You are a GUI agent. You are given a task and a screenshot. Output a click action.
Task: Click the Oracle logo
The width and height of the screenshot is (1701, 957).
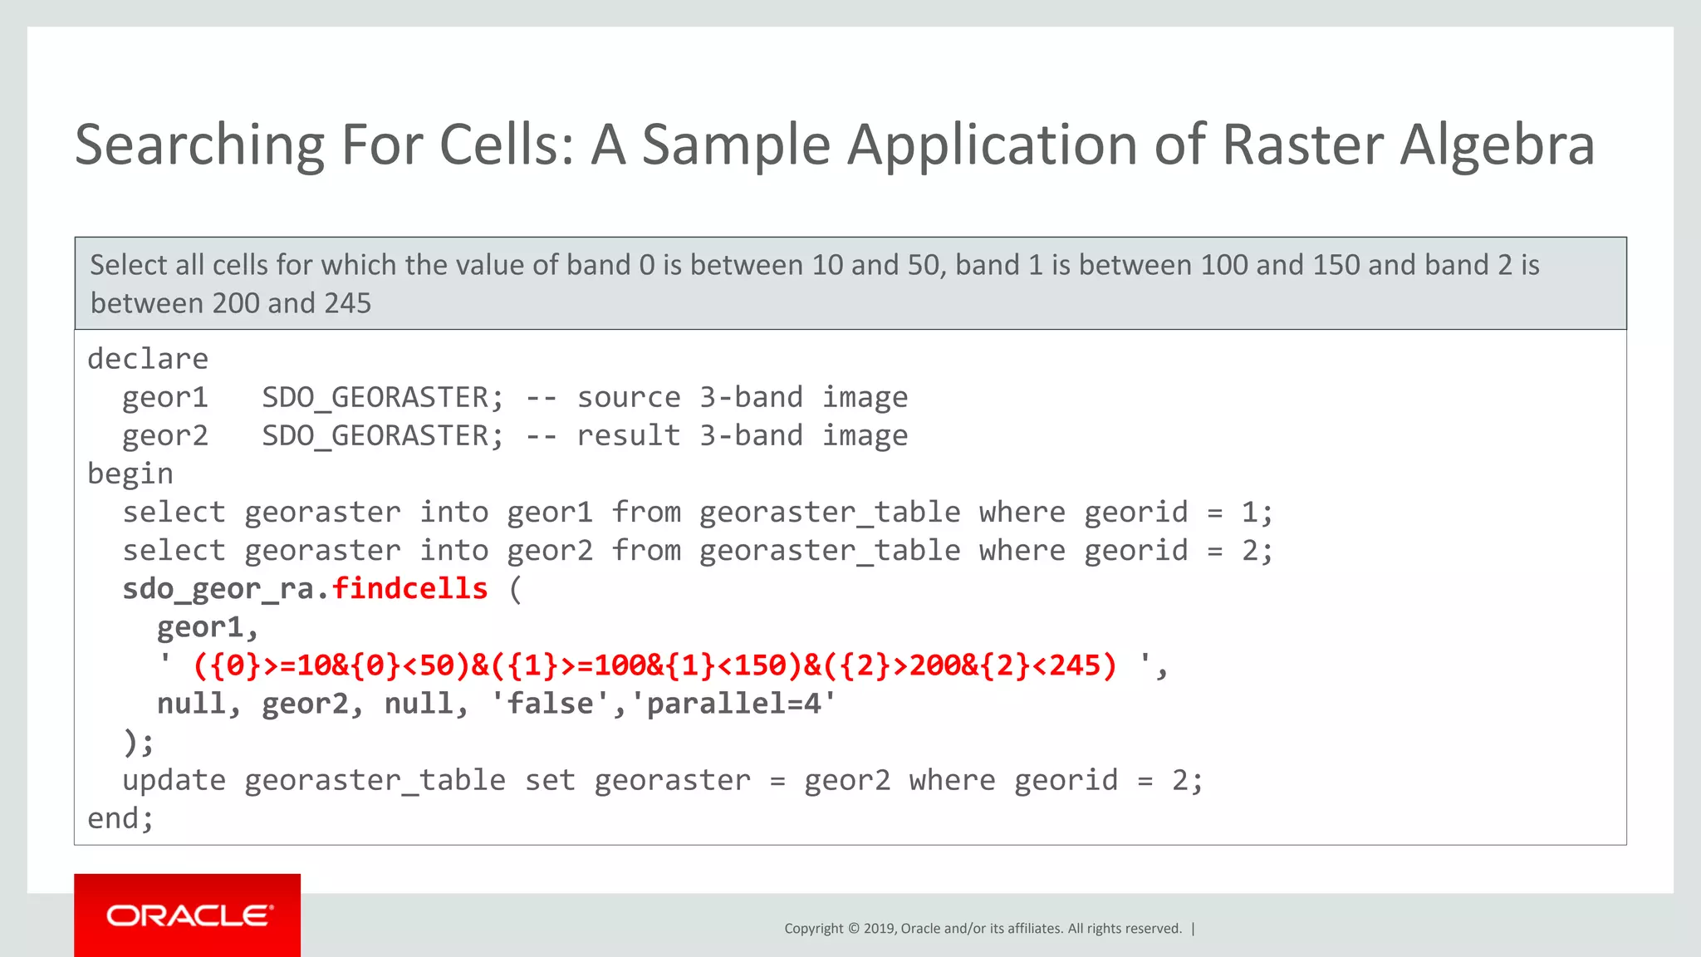(x=188, y=915)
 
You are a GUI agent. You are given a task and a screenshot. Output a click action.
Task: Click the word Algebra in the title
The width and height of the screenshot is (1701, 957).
(x=1497, y=145)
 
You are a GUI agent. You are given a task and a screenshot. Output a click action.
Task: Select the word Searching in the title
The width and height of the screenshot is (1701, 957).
(x=199, y=145)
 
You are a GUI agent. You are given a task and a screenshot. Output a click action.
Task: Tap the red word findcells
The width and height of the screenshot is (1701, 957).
(x=409, y=588)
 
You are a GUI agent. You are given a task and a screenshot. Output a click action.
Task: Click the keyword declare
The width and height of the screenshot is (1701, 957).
(x=148, y=359)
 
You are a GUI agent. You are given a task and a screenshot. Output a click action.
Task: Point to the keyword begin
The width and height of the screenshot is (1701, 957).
(x=130, y=474)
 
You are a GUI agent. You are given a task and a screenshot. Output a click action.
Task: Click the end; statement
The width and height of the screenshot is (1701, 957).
(x=120, y=818)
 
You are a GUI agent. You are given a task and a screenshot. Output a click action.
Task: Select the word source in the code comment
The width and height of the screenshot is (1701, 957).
(x=629, y=397)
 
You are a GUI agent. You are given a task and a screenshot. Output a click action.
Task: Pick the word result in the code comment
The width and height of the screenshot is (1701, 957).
(x=629, y=435)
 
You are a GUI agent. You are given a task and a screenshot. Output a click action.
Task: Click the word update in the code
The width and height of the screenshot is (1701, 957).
(x=174, y=780)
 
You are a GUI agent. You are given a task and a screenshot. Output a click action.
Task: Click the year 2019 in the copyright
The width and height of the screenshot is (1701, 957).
(x=879, y=929)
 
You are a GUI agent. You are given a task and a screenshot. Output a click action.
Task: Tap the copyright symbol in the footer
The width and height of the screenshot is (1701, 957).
(x=853, y=929)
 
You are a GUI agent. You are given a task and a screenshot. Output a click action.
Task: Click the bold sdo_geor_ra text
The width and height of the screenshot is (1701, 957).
(x=218, y=588)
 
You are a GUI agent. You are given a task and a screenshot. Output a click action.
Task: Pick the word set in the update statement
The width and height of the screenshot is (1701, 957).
(x=550, y=780)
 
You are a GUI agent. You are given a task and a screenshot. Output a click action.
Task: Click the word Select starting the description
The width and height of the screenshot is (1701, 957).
(x=129, y=265)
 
